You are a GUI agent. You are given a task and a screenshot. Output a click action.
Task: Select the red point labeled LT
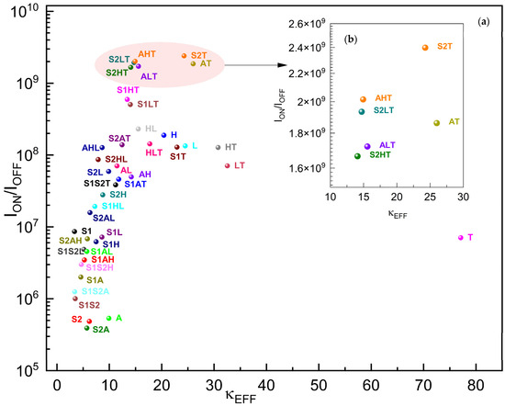(228, 165)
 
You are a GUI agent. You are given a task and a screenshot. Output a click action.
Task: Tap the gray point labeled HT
(219, 147)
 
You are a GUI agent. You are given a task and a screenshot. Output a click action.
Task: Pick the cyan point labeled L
(185, 145)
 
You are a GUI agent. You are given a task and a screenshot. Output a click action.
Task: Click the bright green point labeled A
(109, 318)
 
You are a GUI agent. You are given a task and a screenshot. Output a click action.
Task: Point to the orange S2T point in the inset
(425, 48)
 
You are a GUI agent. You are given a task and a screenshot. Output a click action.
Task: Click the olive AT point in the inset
(437, 123)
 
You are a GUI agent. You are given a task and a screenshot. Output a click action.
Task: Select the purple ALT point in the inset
(367, 146)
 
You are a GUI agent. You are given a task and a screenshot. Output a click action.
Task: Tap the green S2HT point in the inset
(357, 156)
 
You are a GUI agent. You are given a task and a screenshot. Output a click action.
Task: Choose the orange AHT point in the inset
(364, 98)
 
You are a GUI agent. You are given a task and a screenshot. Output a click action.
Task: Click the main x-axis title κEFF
(266, 397)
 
